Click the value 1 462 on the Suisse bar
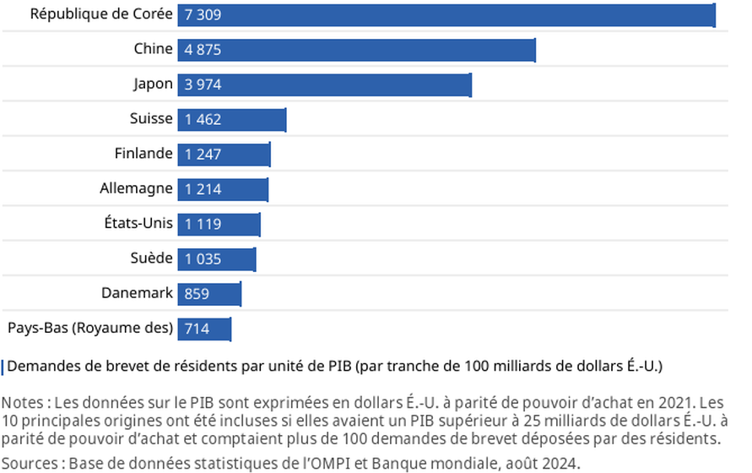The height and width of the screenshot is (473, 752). point(203,120)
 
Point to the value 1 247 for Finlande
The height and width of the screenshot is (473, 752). point(203,155)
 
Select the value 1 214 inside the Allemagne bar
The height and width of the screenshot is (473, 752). point(203,189)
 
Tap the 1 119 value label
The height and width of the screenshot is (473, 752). point(203,224)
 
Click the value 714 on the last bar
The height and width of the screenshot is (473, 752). point(197,329)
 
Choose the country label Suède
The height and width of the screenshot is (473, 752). point(153,258)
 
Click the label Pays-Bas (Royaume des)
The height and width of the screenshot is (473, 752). point(90,328)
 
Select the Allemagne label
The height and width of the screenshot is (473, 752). point(136,188)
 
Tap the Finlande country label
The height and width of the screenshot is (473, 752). point(143,154)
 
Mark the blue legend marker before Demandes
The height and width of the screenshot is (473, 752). point(3,367)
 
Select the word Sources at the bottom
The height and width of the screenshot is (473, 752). point(29,463)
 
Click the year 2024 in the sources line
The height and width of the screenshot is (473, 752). point(562,463)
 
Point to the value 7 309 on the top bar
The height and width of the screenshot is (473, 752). point(203,15)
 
